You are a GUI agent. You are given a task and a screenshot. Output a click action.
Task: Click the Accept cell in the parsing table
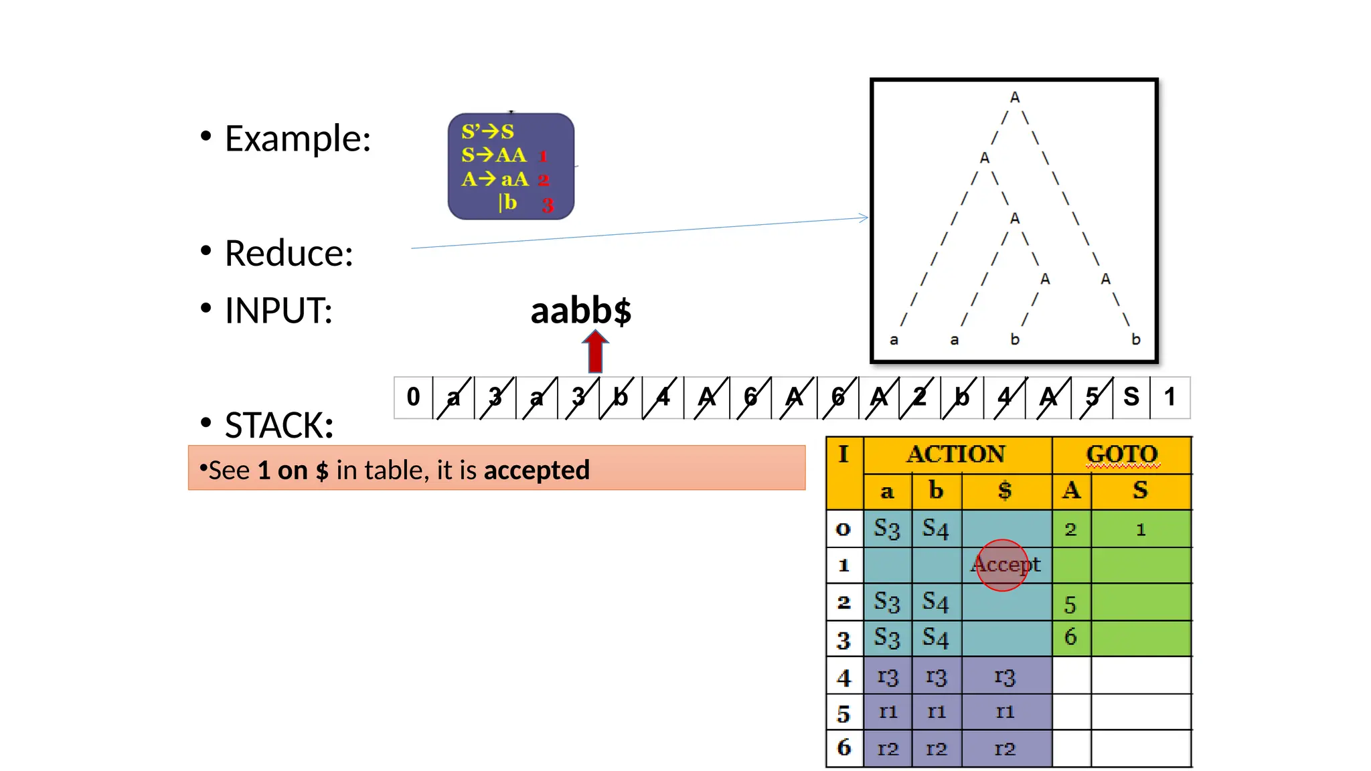(1005, 565)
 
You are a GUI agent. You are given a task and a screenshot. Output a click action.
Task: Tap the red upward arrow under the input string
(595, 352)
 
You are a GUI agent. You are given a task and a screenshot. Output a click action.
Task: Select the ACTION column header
(956, 454)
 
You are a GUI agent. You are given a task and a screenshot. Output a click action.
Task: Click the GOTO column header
(1122, 454)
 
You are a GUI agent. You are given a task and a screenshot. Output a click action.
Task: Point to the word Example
(297, 139)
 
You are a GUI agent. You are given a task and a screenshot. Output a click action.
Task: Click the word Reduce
(289, 254)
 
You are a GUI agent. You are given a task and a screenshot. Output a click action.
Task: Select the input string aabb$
(580, 311)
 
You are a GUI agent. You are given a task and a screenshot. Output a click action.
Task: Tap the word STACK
(278, 426)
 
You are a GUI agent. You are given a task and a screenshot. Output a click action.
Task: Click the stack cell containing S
(1131, 397)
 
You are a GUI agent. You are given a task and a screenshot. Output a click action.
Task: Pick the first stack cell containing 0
(413, 397)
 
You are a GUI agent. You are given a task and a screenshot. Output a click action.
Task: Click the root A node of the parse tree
(1015, 98)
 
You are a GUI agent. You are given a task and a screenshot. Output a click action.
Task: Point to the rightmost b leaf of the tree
(1136, 340)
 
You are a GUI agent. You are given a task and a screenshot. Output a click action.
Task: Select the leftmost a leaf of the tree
(894, 340)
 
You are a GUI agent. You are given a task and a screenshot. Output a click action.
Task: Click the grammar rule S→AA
(494, 155)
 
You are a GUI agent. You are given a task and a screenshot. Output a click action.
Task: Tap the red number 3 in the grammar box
(548, 205)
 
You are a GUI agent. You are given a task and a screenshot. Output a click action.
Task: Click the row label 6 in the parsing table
(844, 748)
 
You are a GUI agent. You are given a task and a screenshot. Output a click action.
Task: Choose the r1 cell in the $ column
(1005, 711)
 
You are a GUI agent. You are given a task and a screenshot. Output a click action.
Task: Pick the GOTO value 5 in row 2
(1070, 604)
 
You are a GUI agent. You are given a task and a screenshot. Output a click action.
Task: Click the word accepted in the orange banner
(537, 470)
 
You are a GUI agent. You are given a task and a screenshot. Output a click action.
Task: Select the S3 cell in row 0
(887, 529)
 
